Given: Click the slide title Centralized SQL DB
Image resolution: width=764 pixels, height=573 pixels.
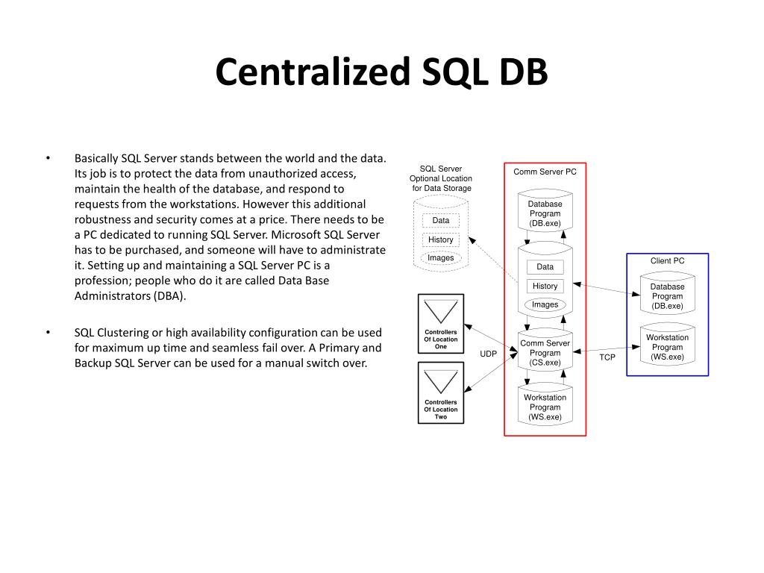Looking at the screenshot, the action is pos(381,72).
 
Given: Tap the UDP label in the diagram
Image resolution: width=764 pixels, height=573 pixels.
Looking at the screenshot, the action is pos(488,354).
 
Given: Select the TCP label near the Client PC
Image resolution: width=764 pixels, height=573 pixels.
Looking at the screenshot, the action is pos(607,357).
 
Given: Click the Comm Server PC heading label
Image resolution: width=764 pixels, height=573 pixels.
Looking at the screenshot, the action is pos(545,172).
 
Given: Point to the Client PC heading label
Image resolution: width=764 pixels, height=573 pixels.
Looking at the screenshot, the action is pos(667,260).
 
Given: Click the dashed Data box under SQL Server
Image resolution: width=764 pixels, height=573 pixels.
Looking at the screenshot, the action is pos(440,220).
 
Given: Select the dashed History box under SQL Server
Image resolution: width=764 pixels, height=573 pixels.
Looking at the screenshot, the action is pos(440,239).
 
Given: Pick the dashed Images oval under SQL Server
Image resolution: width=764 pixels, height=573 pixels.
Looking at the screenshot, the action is pos(440,258).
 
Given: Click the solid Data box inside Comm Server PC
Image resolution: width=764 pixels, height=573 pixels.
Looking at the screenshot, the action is pos(545,266).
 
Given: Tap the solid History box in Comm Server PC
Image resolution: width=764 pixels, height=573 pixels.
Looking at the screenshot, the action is pos(545,286).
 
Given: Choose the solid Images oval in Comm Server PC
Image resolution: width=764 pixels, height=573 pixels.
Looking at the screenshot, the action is pos(545,304).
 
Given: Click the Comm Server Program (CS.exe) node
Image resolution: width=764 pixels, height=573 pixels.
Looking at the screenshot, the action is pos(545,353).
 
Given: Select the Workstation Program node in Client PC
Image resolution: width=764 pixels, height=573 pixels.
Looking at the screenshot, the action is pos(667,347).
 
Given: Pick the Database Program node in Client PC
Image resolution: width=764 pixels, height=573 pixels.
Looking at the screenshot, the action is pos(667,296).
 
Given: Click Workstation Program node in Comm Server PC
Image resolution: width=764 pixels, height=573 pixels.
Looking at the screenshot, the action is pos(545,407).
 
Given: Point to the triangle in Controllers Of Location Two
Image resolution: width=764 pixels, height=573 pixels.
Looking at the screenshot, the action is pos(440,381).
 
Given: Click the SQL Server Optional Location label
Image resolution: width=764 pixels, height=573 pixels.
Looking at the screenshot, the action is pos(440,178).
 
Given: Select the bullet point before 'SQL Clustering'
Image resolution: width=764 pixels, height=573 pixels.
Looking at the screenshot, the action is pos(48,332).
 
